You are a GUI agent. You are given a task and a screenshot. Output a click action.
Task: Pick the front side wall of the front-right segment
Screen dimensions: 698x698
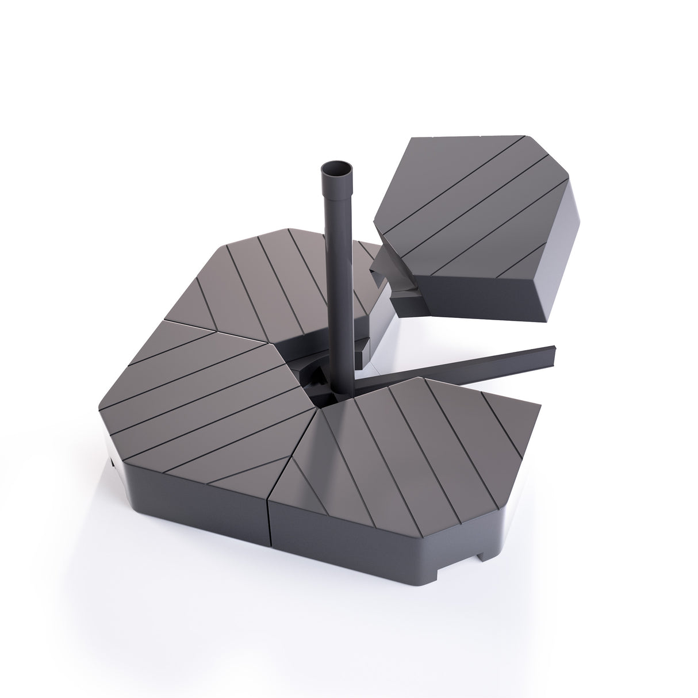coord(374,535)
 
